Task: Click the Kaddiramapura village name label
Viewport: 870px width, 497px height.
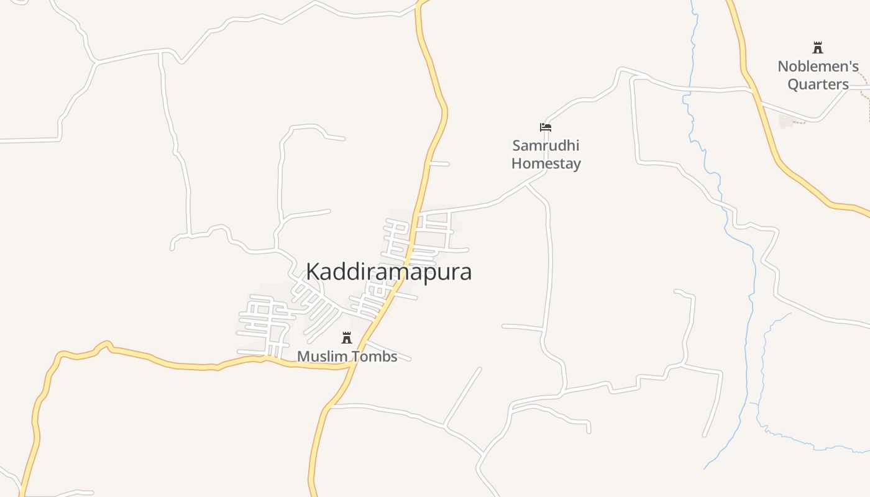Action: (x=388, y=272)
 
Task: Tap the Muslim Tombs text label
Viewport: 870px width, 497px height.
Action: (x=347, y=357)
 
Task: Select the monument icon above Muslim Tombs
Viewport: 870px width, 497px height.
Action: (x=347, y=338)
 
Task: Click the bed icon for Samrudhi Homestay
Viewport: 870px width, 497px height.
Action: (x=546, y=127)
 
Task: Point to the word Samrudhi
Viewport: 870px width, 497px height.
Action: (x=546, y=146)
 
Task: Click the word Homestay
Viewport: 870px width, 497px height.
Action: (x=546, y=164)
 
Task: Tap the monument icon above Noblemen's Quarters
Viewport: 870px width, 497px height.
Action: (x=818, y=47)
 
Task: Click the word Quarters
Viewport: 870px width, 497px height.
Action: (x=818, y=84)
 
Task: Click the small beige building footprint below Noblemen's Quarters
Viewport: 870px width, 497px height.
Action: (x=787, y=121)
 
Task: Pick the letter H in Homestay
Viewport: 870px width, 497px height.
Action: (x=516, y=164)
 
